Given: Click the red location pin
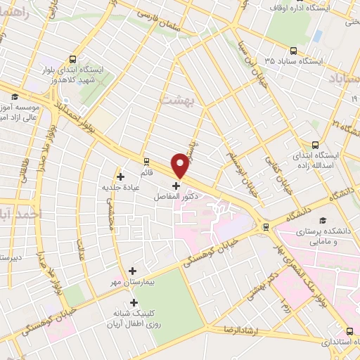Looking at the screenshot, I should [x=181, y=165].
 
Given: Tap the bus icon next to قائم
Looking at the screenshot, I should [x=146, y=160].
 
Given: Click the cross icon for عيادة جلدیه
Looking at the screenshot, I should [x=120, y=176].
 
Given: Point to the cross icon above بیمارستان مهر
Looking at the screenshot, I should [x=132, y=270].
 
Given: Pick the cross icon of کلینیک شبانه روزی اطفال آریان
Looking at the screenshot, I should [x=134, y=302].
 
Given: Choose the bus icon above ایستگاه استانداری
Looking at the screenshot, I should [x=350, y=330].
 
